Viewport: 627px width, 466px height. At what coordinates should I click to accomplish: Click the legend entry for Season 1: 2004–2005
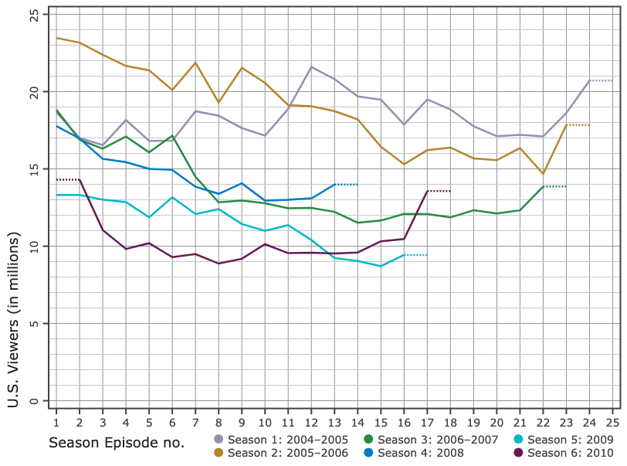pos(281,440)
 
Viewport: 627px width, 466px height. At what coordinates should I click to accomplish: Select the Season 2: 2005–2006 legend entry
pos(281,452)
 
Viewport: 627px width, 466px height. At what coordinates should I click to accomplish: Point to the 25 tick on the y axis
pos(33,15)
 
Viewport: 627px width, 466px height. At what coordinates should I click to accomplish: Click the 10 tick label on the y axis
pos(33,246)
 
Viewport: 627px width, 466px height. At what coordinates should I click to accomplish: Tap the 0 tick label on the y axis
pos(33,400)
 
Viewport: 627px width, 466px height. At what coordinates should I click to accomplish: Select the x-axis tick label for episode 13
pos(334,423)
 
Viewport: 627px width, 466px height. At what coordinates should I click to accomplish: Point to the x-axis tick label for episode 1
pos(56,423)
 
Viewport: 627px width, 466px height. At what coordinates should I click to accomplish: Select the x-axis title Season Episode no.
pos(117,443)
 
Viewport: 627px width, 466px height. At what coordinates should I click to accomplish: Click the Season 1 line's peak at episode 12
pos(310,66)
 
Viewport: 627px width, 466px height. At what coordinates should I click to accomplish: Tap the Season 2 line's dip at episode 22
pos(543,174)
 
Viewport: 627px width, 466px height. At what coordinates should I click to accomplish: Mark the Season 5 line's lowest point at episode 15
pos(380,266)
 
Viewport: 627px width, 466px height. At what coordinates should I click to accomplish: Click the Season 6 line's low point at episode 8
pos(219,264)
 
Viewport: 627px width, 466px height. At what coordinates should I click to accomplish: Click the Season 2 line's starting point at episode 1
pos(56,38)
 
